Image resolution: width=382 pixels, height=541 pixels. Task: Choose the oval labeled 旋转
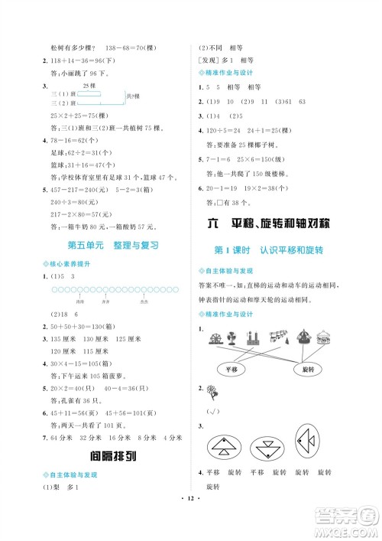(309, 369)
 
